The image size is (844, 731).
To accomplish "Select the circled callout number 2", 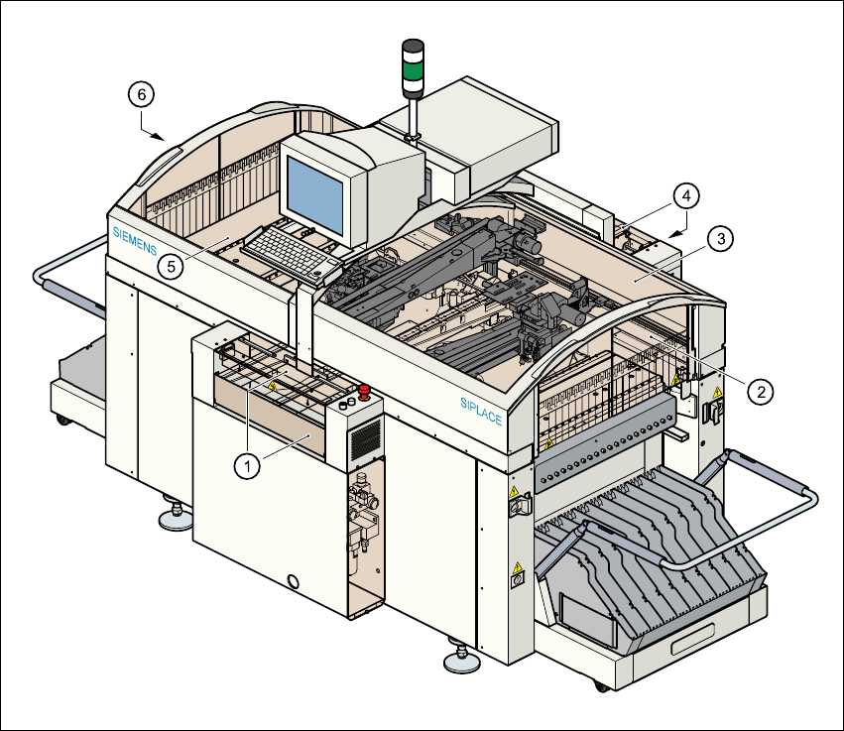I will [x=761, y=392].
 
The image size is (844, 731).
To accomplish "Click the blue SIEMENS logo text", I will [x=134, y=244].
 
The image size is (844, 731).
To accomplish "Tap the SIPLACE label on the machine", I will [x=481, y=411].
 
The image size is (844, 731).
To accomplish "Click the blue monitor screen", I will [x=315, y=198].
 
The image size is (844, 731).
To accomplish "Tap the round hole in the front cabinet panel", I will [x=292, y=580].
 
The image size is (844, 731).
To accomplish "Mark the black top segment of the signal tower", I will [x=412, y=48].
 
